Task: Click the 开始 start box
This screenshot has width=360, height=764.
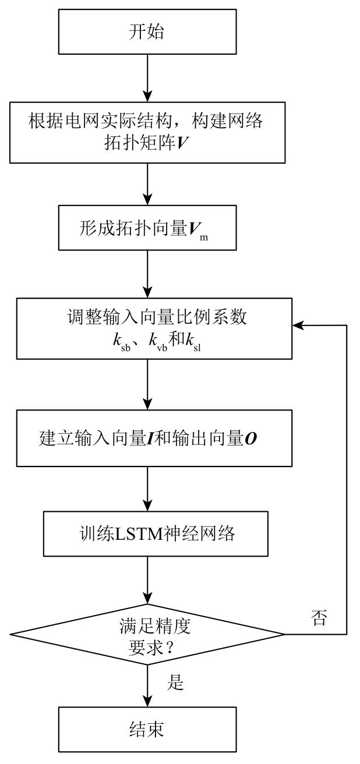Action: pos(147,31)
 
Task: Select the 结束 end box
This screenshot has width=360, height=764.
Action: pos(147,729)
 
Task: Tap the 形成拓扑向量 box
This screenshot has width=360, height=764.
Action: pos(147,228)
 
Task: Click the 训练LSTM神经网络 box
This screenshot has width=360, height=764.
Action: pos(156,533)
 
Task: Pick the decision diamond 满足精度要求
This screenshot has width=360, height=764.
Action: pos(147,634)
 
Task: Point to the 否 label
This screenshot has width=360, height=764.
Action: pos(319,617)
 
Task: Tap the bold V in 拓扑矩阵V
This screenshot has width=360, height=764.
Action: pos(182,143)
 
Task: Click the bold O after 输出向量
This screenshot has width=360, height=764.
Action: pos(251,438)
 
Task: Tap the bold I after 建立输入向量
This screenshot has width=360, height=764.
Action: pos(150,438)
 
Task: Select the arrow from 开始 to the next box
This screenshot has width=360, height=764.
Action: pos(147,78)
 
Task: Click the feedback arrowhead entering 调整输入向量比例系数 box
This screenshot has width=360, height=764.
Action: pos(298,326)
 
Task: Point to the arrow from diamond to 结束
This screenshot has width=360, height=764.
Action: pos(147,685)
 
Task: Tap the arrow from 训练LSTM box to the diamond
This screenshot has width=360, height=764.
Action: pos(147,580)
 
